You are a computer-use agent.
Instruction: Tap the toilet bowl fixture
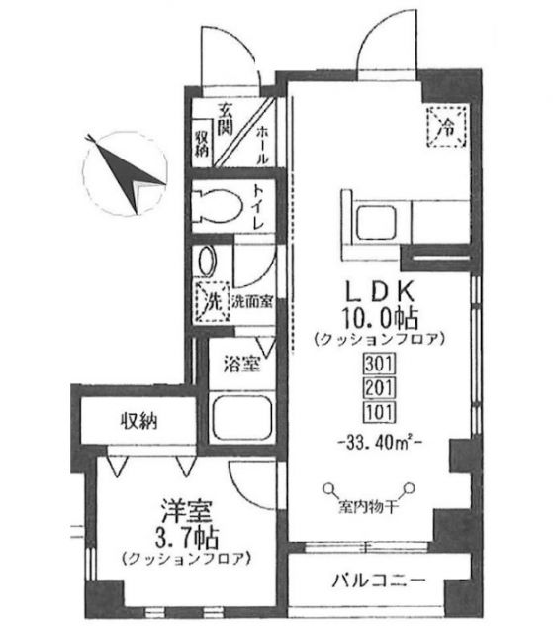click(x=217, y=206)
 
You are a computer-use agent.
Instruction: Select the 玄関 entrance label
click(x=226, y=119)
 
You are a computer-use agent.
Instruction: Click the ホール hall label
click(x=262, y=145)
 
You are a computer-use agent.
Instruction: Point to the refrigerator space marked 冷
click(x=447, y=127)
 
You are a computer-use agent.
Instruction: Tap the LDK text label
click(x=379, y=292)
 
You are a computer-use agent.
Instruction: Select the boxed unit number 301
click(x=379, y=364)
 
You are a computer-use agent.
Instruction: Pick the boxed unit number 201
click(x=379, y=387)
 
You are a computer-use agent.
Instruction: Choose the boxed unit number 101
click(x=379, y=412)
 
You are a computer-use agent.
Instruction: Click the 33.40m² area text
click(x=379, y=443)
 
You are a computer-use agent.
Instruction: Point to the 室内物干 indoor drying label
click(x=367, y=506)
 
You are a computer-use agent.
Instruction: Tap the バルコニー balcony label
click(x=379, y=581)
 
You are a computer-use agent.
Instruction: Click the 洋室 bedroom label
click(x=187, y=512)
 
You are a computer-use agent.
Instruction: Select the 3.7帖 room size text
click(x=187, y=537)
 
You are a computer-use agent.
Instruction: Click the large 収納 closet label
click(x=138, y=422)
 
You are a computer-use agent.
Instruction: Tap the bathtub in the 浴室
click(x=241, y=418)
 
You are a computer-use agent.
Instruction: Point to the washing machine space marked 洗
click(x=213, y=301)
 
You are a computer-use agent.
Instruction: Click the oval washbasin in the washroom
click(x=208, y=262)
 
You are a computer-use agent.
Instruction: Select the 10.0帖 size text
click(x=380, y=318)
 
